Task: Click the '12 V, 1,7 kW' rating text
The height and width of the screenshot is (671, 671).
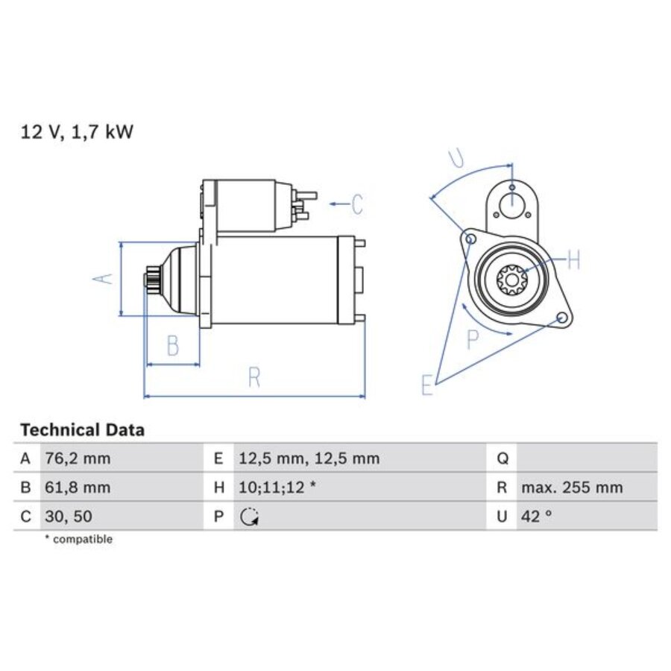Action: (77, 132)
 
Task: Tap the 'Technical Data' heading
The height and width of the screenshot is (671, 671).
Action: (82, 430)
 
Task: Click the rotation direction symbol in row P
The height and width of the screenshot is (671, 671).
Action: (250, 517)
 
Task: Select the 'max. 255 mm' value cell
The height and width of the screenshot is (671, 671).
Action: (572, 488)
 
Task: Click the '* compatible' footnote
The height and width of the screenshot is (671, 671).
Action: (78, 539)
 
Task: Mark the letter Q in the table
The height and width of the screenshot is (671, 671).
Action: (502, 459)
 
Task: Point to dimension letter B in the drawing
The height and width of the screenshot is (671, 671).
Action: (172, 346)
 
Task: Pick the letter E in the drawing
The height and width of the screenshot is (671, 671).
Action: (426, 385)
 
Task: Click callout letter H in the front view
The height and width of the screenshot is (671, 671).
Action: (573, 260)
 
